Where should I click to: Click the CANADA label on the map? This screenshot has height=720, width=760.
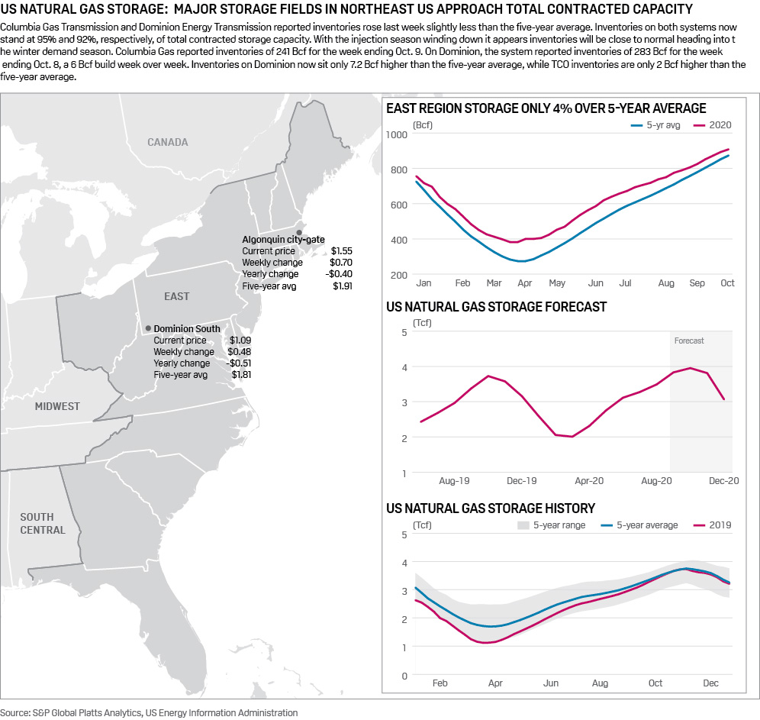tap(167, 142)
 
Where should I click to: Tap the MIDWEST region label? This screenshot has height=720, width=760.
tap(57, 406)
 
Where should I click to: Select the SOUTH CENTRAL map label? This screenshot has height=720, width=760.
tap(43, 523)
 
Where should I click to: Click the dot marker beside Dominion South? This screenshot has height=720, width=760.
tap(147, 328)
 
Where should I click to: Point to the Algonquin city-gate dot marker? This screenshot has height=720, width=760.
tap(299, 231)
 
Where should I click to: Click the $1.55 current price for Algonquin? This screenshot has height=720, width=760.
tap(342, 250)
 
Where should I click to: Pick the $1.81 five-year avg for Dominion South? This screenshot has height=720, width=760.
tap(241, 375)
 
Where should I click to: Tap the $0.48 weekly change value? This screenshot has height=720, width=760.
tap(240, 351)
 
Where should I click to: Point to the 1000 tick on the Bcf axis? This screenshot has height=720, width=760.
tap(398, 134)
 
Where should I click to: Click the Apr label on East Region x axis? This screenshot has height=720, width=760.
tap(525, 283)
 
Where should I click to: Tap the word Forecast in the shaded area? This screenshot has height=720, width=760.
tap(689, 341)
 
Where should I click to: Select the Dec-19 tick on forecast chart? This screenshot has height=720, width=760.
tap(522, 481)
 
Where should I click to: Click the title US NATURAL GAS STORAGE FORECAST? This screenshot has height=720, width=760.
tap(497, 307)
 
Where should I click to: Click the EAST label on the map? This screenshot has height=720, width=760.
tap(176, 296)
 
